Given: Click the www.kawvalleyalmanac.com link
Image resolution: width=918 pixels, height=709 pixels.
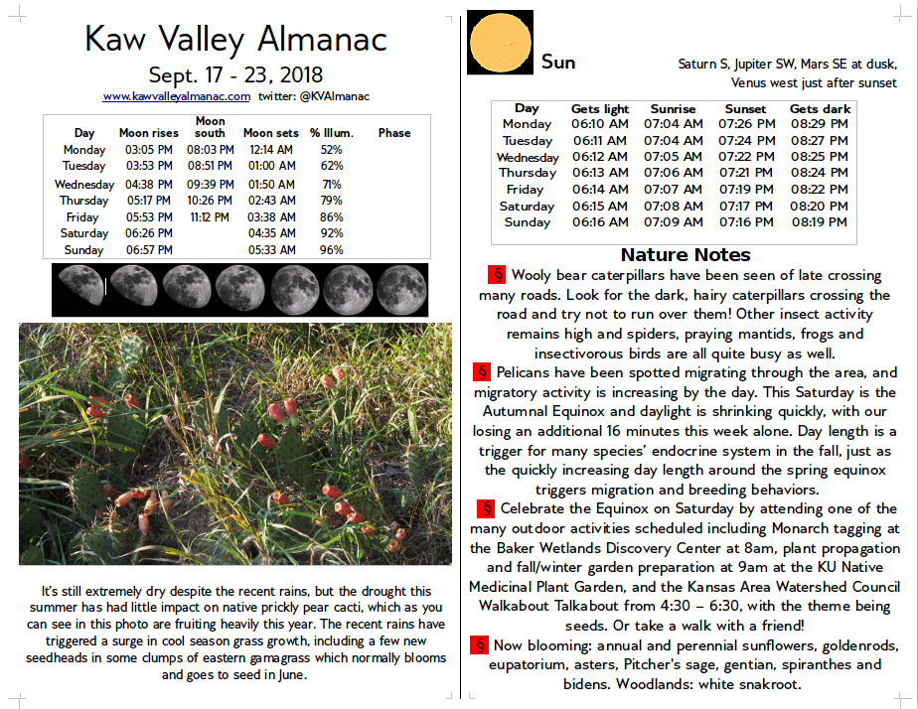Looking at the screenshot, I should tap(176, 96).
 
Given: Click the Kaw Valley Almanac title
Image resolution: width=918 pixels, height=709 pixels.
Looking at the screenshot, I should tap(235, 39).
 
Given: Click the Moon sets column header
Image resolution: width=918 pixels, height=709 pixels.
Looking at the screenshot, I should tap(271, 133).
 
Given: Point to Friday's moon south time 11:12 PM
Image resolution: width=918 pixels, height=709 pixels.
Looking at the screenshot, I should tap(210, 217).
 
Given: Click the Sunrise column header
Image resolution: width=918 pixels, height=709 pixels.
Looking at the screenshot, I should tap(673, 109).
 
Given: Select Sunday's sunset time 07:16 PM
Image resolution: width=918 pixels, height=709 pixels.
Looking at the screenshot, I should tap(746, 222).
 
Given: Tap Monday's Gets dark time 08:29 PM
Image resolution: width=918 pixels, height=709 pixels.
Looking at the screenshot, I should tap(819, 124).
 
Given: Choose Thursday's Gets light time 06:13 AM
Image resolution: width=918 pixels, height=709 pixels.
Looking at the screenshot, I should tap(600, 173).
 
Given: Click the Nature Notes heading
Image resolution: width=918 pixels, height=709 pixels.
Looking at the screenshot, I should tap(686, 255).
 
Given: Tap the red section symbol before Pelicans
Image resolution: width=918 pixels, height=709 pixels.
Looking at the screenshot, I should tap(483, 372).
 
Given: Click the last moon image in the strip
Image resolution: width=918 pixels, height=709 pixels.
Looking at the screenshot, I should tap(401, 288).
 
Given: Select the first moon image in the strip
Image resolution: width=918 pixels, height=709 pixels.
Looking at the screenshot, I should tap(79, 288).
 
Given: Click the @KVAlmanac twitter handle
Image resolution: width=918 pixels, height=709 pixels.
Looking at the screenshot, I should tap(333, 96).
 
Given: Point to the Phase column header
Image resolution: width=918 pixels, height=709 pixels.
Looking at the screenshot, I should tap(393, 133).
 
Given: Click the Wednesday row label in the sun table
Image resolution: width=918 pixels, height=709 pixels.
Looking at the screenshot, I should tap(528, 157).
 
